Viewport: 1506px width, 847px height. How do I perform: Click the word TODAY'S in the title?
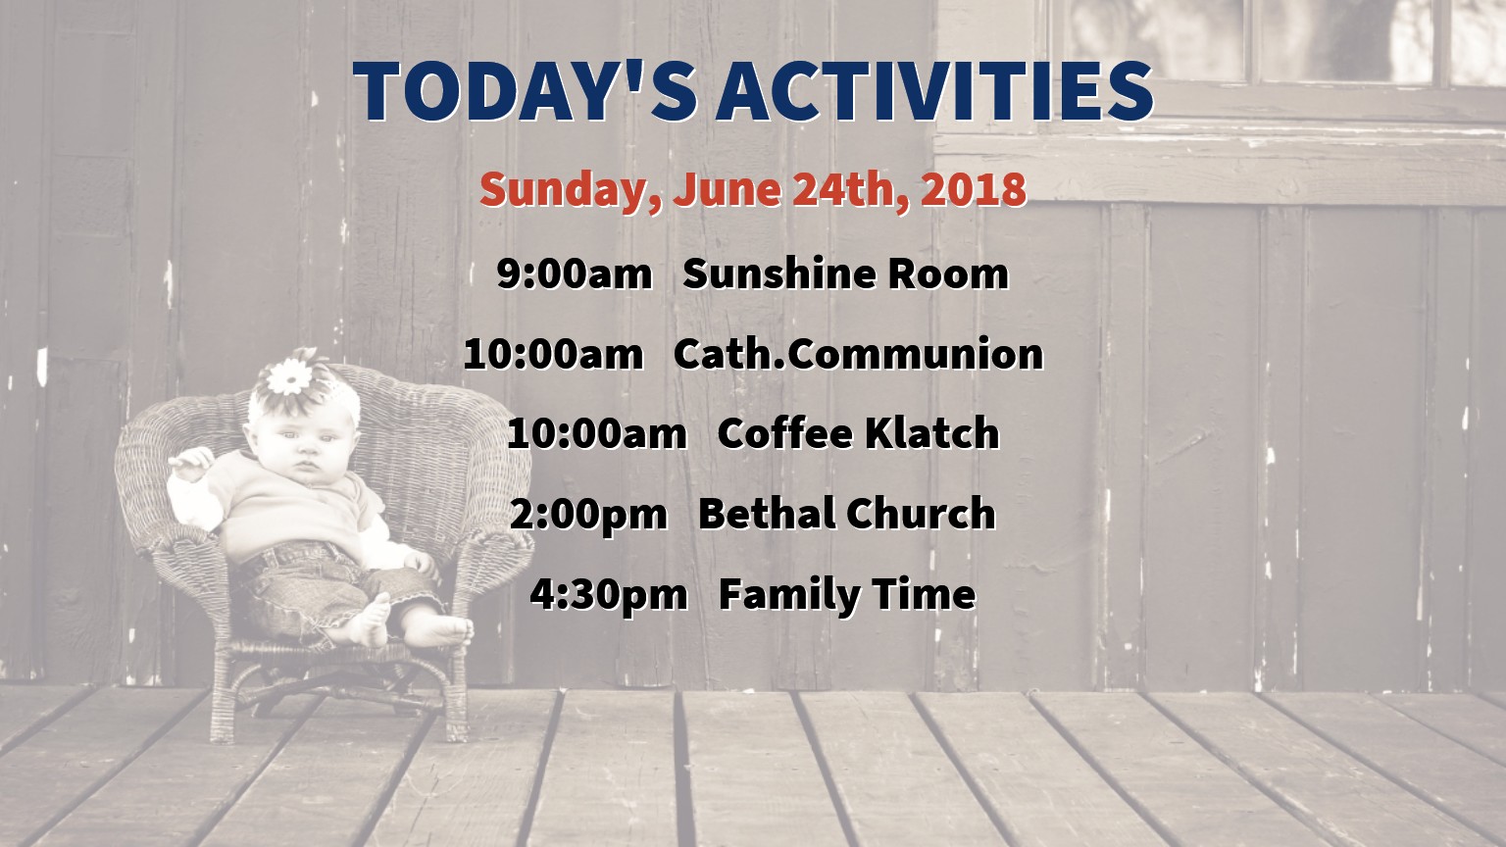tap(525, 91)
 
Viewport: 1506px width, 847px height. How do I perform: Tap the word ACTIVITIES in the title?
tap(934, 91)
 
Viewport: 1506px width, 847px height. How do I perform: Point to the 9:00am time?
tap(575, 274)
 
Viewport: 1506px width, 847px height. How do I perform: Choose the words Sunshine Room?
tap(846, 274)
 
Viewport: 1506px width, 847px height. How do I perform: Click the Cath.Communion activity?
tap(859, 354)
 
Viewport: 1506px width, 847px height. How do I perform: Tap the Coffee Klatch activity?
tap(859, 433)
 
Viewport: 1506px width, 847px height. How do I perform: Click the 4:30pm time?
tap(609, 596)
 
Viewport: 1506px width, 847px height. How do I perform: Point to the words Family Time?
tap(847, 596)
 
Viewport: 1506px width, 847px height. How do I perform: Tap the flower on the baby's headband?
tap(289, 377)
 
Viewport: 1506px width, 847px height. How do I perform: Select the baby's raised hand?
tap(191, 463)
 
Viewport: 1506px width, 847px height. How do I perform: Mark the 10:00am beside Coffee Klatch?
tap(597, 433)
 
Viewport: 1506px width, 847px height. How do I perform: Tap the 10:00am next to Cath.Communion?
tap(553, 354)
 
